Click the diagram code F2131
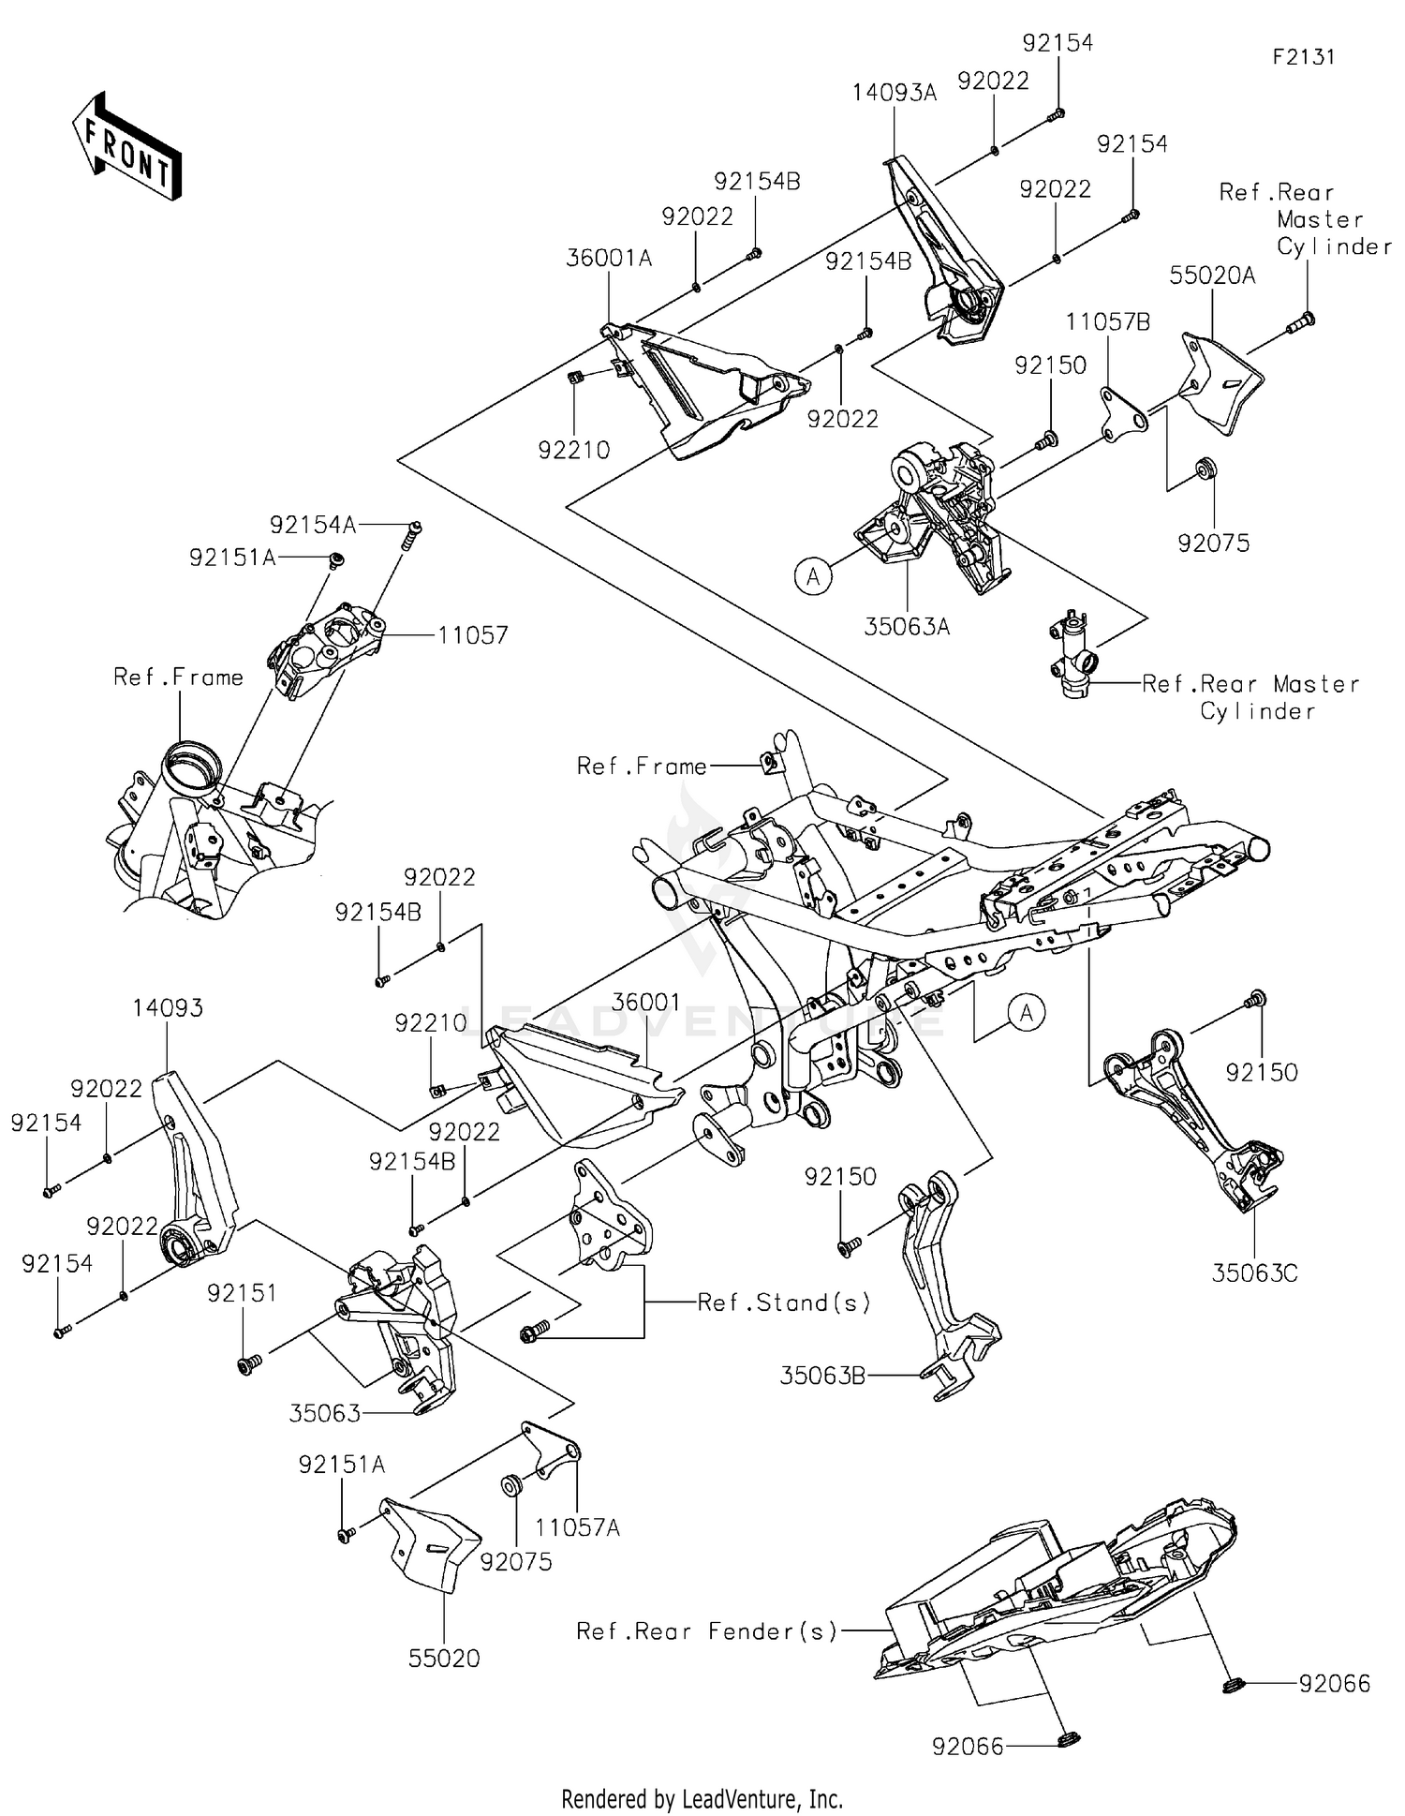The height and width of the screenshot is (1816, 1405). pyautogui.click(x=1303, y=57)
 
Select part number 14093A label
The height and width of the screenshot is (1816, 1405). pyautogui.click(x=894, y=93)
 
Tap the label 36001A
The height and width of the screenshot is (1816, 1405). pyautogui.click(x=609, y=258)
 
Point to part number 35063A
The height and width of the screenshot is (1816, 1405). pyautogui.click(x=906, y=627)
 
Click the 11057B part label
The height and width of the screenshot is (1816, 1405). pyautogui.click(x=1107, y=322)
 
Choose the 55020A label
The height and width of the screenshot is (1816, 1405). pyautogui.click(x=1212, y=275)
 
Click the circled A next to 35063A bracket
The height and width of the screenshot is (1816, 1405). pyautogui.click(x=813, y=575)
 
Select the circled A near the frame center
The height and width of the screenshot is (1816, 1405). pyautogui.click(x=1027, y=1013)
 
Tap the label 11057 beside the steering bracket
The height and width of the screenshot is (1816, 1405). pyautogui.click(x=472, y=635)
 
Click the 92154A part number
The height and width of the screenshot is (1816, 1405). pyautogui.click(x=313, y=526)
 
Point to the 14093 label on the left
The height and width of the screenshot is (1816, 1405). pyautogui.click(x=168, y=1008)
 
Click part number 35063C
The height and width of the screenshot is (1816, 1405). pyautogui.click(x=1254, y=1273)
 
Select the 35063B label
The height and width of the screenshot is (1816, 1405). pyautogui.click(x=822, y=1376)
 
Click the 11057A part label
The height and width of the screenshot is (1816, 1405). pyautogui.click(x=577, y=1527)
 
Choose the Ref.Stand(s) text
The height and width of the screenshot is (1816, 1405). pyautogui.click(x=784, y=1302)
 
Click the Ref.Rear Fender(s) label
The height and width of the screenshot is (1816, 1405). pyautogui.click(x=706, y=1631)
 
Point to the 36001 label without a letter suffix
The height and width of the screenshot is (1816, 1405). pyautogui.click(x=645, y=1003)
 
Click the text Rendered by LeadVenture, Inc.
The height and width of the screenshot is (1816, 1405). pyautogui.click(x=702, y=1798)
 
